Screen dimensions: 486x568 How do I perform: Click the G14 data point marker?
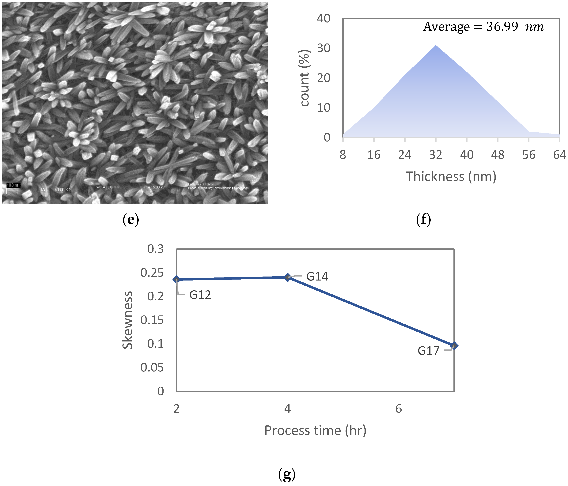pyautogui.click(x=287, y=277)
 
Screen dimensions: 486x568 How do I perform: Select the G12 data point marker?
pyautogui.click(x=176, y=279)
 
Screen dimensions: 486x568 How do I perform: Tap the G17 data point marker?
pyautogui.click(x=454, y=346)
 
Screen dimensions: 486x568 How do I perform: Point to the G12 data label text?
pyautogui.click(x=200, y=295)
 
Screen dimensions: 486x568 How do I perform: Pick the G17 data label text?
pyautogui.click(x=428, y=351)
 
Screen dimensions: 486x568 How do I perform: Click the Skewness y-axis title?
pyautogui.click(x=127, y=320)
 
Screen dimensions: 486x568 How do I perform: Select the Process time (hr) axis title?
pyautogui.click(x=315, y=430)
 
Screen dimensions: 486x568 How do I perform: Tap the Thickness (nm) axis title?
pyautogui.click(x=451, y=176)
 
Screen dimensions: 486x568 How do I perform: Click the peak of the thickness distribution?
pyautogui.click(x=436, y=46)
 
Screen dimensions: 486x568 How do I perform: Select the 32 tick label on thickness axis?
pyautogui.click(x=436, y=155)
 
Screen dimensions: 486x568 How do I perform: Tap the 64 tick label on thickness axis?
pyautogui.click(x=559, y=155)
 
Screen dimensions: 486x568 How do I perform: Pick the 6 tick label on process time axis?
pyautogui.click(x=399, y=409)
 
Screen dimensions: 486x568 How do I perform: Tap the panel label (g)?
pyautogui.click(x=287, y=475)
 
